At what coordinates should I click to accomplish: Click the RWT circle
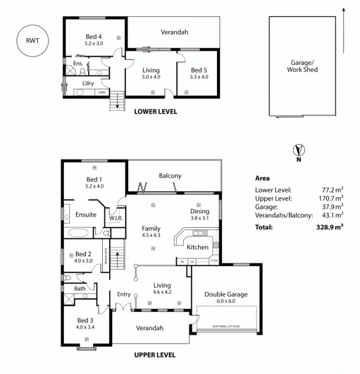pyautogui.click(x=32, y=40)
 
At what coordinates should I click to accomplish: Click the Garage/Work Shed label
pyautogui.click(x=302, y=66)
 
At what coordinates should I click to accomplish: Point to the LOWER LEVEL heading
pyautogui.click(x=156, y=111)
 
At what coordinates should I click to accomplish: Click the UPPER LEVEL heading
pyautogui.click(x=155, y=355)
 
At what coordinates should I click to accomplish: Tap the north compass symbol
pyautogui.click(x=299, y=150)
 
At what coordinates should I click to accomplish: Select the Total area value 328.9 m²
pyautogui.click(x=329, y=227)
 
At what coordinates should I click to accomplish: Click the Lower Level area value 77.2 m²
pyautogui.click(x=332, y=189)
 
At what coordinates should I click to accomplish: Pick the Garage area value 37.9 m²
pyautogui.click(x=332, y=206)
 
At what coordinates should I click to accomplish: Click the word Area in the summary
pyautogui.click(x=262, y=178)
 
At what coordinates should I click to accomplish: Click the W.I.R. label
pyautogui.click(x=115, y=218)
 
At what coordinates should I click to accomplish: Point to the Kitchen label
pyautogui.click(x=197, y=247)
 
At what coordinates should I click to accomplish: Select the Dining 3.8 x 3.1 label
pyautogui.click(x=200, y=214)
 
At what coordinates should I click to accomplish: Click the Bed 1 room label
pyautogui.click(x=94, y=182)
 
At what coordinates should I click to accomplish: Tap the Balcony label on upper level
pyautogui.click(x=170, y=176)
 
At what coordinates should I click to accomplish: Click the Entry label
pyautogui.click(x=123, y=294)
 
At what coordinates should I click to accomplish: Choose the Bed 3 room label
pyautogui.click(x=83, y=323)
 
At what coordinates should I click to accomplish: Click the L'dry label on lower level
pyautogui.click(x=88, y=83)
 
